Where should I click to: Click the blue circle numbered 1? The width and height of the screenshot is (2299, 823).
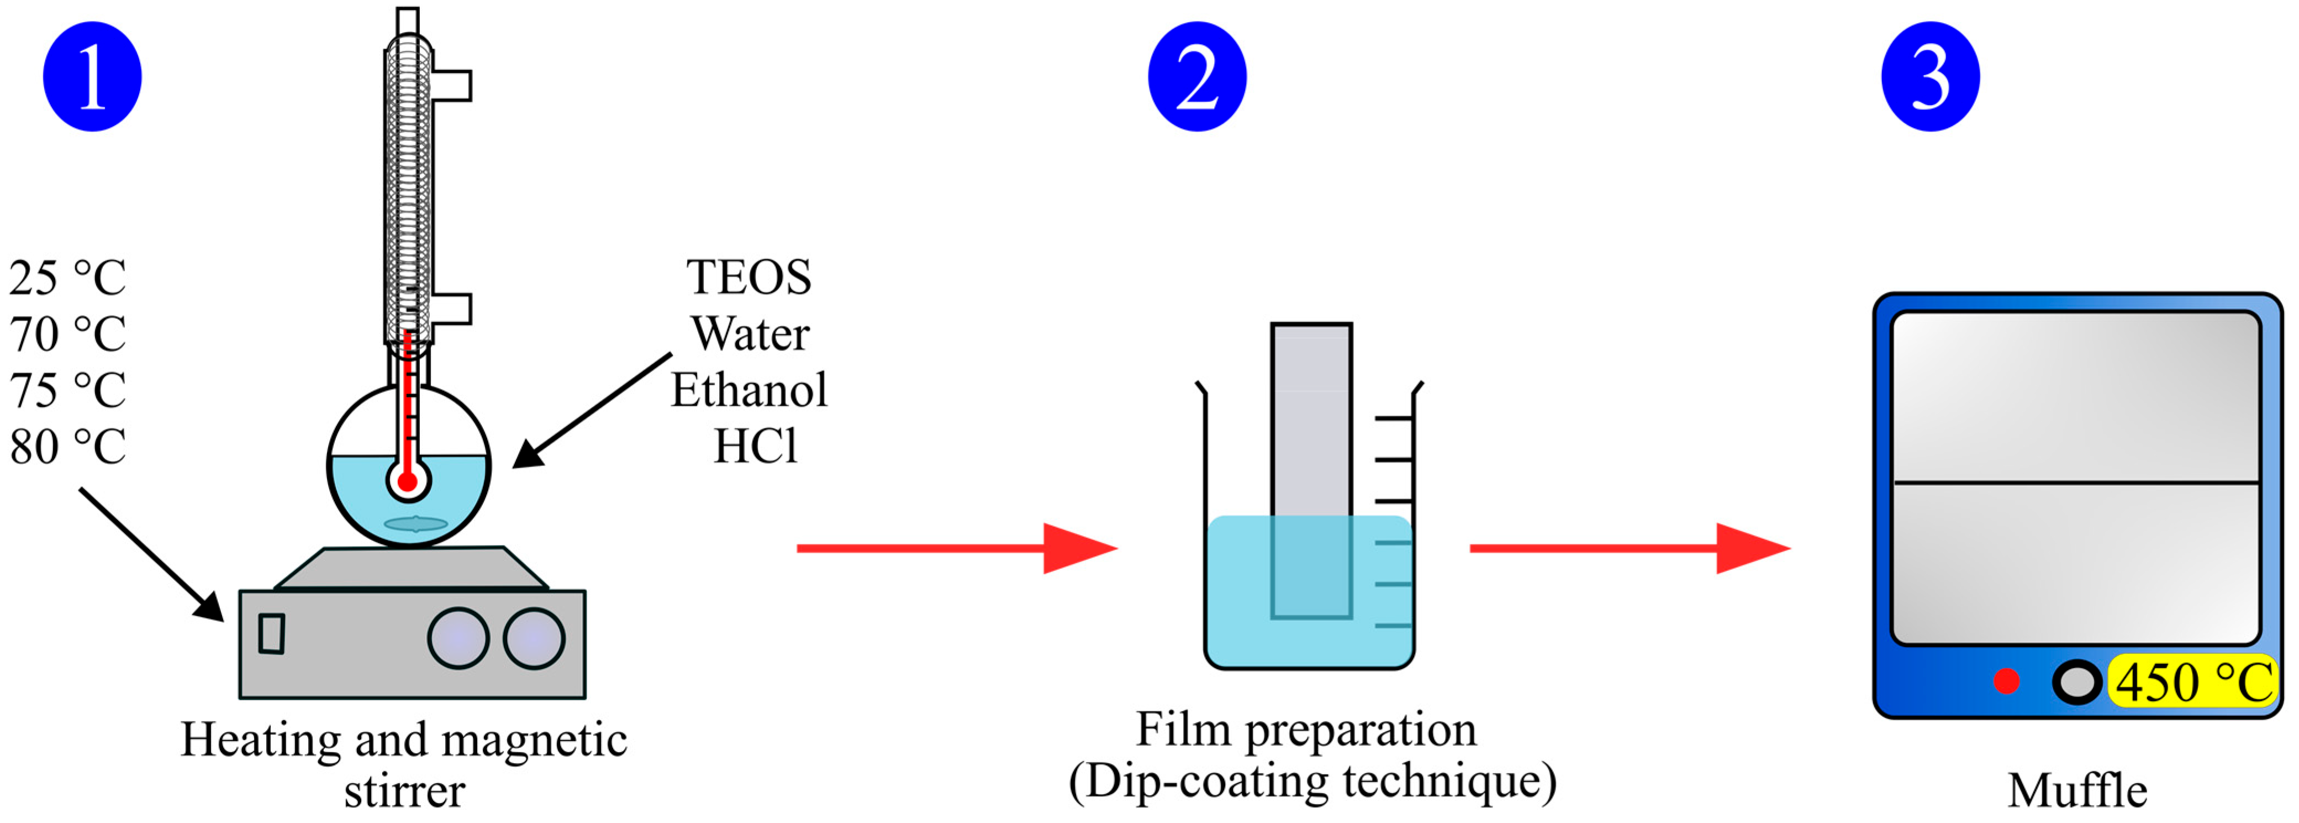tap(92, 77)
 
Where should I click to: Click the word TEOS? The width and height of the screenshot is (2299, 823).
tap(749, 277)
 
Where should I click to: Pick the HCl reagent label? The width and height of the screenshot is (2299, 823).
tap(755, 446)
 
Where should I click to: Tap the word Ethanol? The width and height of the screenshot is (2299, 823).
tap(749, 390)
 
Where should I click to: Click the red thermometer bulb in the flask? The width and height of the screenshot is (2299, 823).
tap(408, 482)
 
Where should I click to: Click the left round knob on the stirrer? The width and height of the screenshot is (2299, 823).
tap(458, 638)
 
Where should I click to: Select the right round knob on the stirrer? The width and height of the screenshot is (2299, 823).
tap(534, 638)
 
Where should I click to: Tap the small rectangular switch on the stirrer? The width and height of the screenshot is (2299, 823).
tap(271, 634)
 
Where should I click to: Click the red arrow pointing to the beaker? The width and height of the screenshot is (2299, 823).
tap(956, 548)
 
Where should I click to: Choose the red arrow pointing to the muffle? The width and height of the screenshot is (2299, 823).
tap(1629, 548)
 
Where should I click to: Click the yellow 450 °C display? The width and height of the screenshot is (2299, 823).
tap(2193, 682)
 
